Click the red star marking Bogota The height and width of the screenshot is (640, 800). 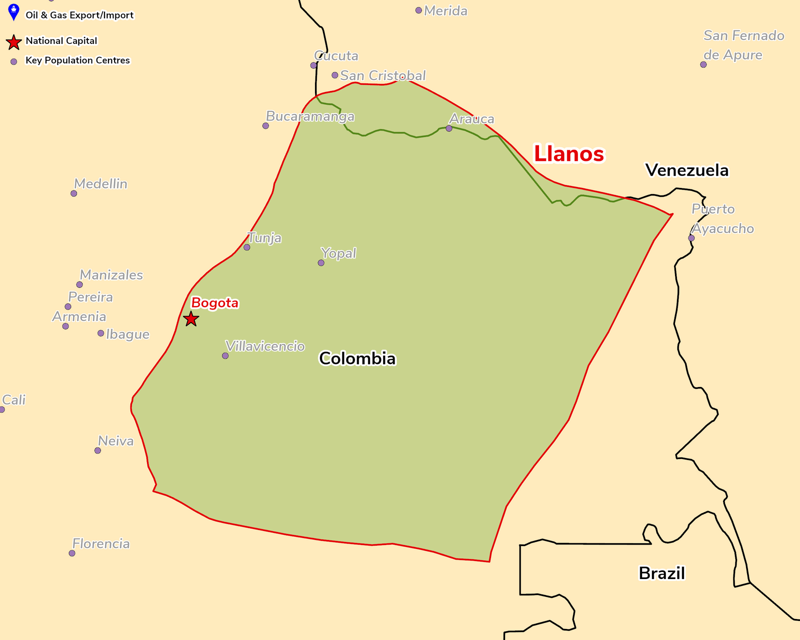tap(191, 318)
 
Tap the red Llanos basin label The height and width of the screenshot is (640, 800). tap(569, 153)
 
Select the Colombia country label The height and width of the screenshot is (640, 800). tap(357, 358)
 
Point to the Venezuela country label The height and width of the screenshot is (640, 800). tap(686, 170)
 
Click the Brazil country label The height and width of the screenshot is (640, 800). tap(661, 573)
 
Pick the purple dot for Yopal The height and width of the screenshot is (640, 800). tap(321, 263)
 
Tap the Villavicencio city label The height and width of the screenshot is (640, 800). tap(265, 346)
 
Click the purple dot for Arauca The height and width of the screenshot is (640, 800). tap(449, 128)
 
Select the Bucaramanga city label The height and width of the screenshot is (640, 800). tap(310, 116)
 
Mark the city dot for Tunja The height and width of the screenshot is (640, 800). tap(246, 247)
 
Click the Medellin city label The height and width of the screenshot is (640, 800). tap(100, 184)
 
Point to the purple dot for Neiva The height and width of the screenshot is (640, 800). tap(97, 450)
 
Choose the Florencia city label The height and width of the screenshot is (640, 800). tap(101, 543)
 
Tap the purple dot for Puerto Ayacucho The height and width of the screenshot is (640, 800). tap(691, 238)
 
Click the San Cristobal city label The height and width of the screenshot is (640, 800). tap(383, 75)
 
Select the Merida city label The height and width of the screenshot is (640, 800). tap(445, 11)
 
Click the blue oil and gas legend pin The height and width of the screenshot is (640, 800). tap(14, 11)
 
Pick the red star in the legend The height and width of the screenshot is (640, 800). tap(14, 42)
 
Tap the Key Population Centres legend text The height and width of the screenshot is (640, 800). tap(77, 60)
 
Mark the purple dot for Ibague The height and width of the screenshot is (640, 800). tap(100, 333)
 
